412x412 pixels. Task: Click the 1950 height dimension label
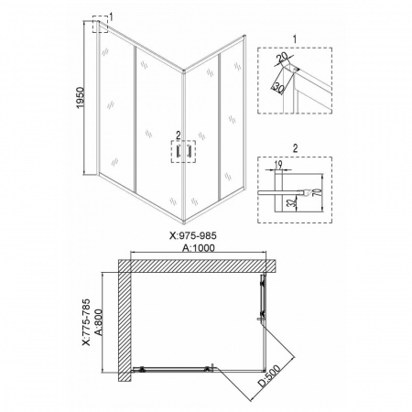80,98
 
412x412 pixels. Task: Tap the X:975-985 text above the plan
193,236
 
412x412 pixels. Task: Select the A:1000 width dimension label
199,248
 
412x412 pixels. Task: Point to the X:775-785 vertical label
86,322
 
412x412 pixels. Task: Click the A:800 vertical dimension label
98,322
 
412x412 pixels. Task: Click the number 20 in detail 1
282,57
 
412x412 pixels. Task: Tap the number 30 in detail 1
278,88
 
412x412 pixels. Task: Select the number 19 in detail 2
278,165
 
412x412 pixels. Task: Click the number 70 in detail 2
318,192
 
